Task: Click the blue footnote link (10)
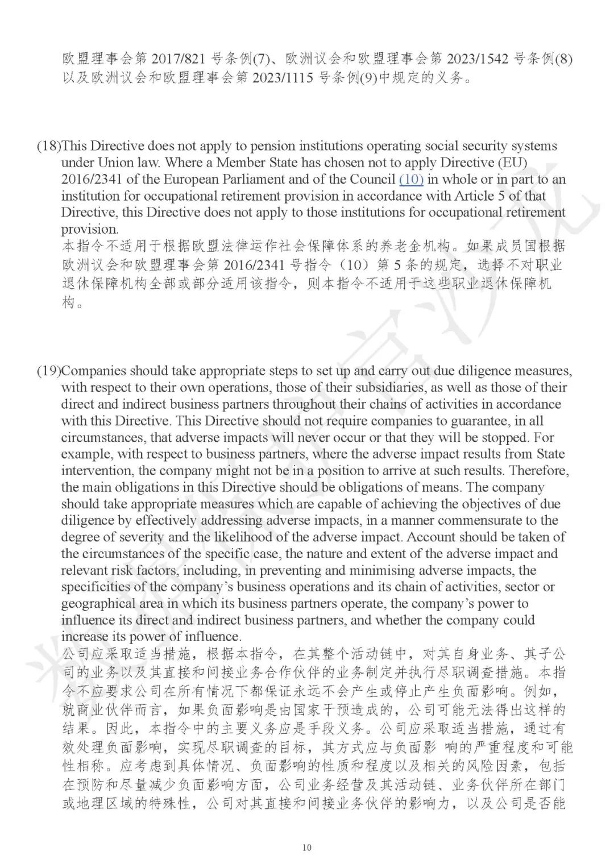click(411, 180)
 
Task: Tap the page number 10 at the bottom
click(307, 848)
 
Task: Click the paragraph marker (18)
click(49, 147)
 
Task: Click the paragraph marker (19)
click(49, 371)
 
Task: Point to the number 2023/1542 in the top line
click(478, 59)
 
